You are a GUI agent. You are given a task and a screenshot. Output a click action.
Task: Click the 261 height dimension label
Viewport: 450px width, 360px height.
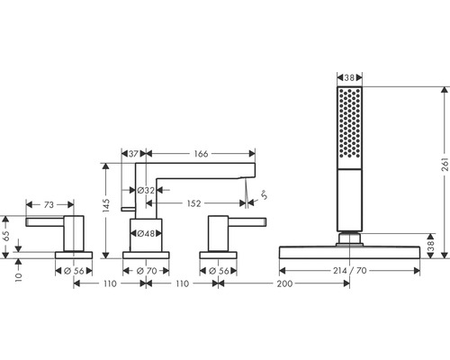click(445, 164)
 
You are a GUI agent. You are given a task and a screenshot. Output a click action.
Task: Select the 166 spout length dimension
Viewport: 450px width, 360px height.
click(201, 154)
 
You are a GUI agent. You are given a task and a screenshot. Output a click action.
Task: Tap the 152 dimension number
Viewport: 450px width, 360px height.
click(193, 203)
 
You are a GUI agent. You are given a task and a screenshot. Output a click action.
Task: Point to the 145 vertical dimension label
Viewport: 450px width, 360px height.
click(106, 205)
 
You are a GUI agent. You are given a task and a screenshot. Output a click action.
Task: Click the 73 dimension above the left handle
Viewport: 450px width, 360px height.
click(49, 204)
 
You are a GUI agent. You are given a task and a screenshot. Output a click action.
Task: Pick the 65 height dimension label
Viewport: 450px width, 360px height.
click(6, 236)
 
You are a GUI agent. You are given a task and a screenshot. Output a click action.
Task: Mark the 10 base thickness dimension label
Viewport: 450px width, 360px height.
click(19, 277)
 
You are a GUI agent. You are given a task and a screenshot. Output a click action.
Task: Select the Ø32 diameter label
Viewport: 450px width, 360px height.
click(146, 190)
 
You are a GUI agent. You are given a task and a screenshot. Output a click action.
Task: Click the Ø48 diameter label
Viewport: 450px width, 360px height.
click(146, 233)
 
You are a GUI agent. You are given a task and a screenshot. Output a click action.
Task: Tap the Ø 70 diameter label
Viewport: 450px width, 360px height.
click(147, 271)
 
